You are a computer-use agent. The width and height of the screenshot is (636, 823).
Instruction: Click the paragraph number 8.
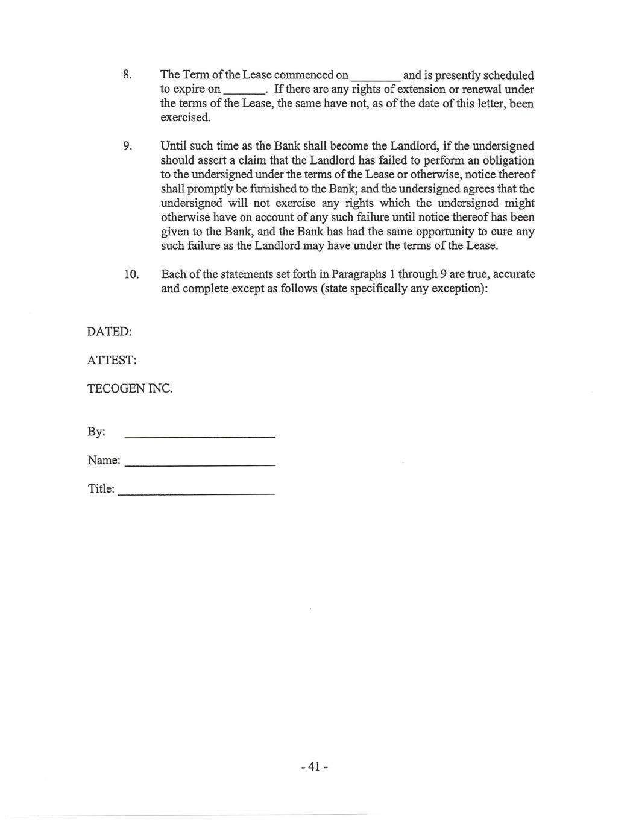coord(127,75)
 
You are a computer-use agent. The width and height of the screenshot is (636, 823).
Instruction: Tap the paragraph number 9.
coord(127,147)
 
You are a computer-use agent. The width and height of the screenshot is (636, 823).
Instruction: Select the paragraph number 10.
coord(131,275)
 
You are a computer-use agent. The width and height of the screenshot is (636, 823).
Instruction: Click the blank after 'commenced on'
coord(375,77)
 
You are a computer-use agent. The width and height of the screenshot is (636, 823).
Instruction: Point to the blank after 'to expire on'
coord(244,91)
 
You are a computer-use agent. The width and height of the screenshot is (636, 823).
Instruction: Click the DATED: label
coord(109,332)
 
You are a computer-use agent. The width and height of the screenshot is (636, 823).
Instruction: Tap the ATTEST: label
coord(112,361)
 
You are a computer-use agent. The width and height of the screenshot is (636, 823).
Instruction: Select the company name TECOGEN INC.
coord(130,389)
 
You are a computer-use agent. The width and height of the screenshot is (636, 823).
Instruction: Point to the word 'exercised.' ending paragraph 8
coord(186,118)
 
